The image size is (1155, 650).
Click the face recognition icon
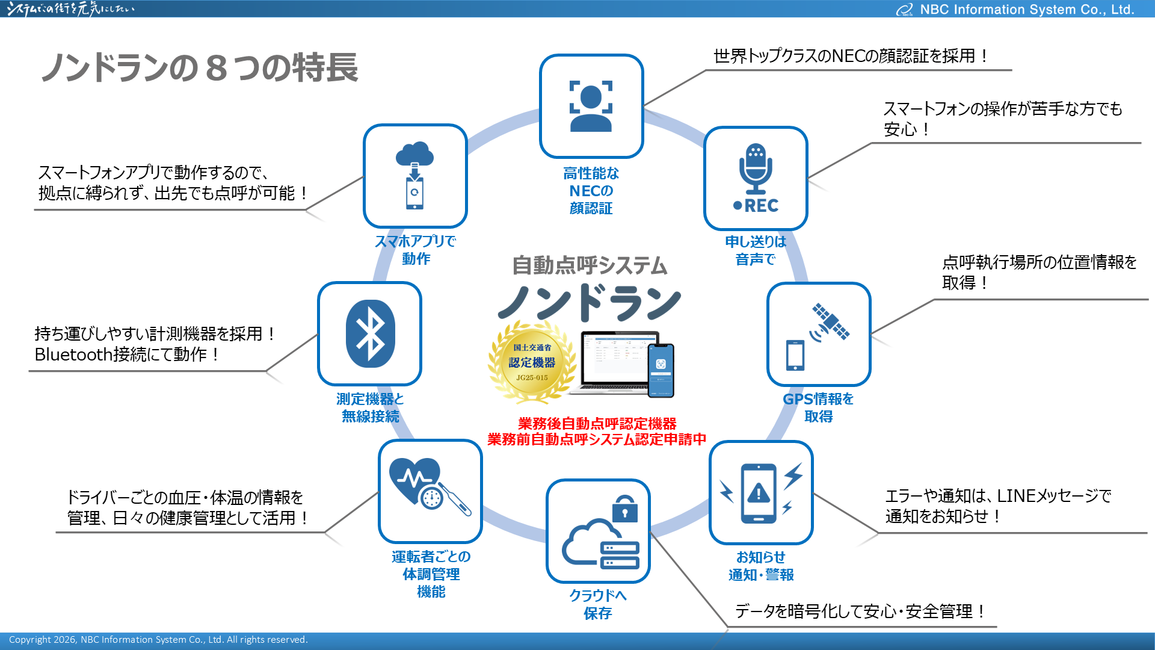(x=591, y=106)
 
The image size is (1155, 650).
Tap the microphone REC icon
(x=755, y=178)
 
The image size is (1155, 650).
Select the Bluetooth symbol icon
(x=370, y=333)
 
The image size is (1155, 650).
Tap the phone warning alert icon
(x=760, y=492)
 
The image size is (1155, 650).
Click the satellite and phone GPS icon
(x=818, y=335)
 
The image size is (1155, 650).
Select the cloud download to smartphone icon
(x=415, y=176)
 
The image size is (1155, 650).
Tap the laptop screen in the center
(x=617, y=358)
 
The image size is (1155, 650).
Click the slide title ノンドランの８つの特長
(x=200, y=67)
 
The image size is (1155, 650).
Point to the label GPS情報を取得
(x=818, y=407)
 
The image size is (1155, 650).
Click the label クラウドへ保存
(x=597, y=604)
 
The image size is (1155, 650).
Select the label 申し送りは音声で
(x=756, y=250)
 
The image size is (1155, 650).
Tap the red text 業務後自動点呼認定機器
(x=597, y=424)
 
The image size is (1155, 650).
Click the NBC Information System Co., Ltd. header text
(x=1026, y=10)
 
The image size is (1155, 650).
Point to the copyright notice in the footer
(x=158, y=640)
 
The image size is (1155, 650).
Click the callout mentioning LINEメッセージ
(x=997, y=506)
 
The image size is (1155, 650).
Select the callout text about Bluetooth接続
(x=155, y=344)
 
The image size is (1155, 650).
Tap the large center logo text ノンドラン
(x=590, y=303)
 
